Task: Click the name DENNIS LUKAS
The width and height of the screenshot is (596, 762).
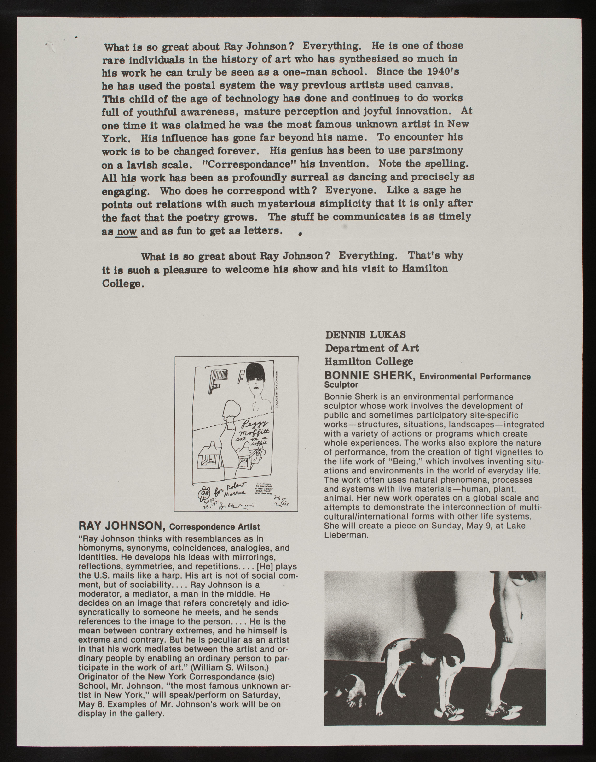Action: (365, 335)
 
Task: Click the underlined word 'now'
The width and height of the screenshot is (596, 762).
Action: (126, 231)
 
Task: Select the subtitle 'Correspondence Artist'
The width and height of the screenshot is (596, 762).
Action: (214, 527)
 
